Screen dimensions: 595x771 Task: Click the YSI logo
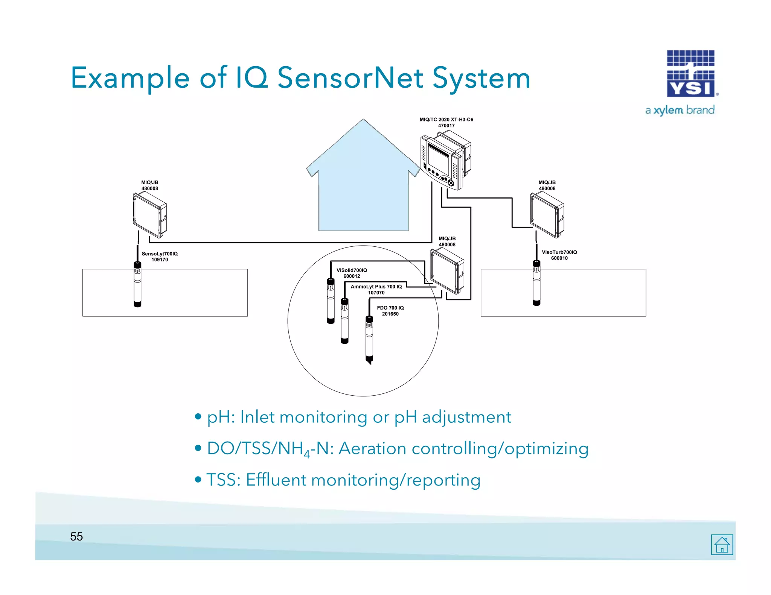(x=691, y=74)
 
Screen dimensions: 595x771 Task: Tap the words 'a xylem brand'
(x=680, y=110)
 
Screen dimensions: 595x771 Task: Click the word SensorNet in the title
(x=350, y=78)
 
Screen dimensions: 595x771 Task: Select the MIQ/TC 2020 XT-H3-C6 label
(x=446, y=122)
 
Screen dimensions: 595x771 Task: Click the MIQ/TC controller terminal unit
(x=445, y=160)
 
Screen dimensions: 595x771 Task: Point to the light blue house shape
(x=363, y=188)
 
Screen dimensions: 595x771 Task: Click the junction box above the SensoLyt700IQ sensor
(x=149, y=215)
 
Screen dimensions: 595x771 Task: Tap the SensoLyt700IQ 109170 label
(x=160, y=257)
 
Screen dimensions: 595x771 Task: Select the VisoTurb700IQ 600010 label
(x=559, y=255)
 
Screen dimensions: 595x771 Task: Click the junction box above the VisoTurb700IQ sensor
(x=547, y=215)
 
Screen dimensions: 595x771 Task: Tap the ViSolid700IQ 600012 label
(x=352, y=273)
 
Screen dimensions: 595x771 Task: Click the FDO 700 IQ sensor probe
(x=369, y=338)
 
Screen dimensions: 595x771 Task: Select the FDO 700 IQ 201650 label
(x=390, y=311)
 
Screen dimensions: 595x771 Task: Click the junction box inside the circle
(x=447, y=271)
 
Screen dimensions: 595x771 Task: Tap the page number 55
(x=76, y=537)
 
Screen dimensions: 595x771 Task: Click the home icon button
(x=722, y=545)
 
